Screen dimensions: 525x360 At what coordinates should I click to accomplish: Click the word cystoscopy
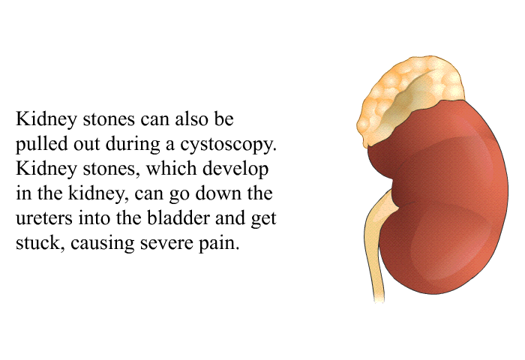pos(228,145)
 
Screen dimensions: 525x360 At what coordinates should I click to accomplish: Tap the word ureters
pos(43,218)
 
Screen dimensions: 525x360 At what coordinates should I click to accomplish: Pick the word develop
pos(235,169)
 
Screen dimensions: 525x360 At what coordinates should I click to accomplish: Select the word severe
pos(166,244)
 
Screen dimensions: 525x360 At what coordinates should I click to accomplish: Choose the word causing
pos(103,244)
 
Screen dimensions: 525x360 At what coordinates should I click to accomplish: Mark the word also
pos(191,119)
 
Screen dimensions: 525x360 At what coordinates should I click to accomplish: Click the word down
pos(217,193)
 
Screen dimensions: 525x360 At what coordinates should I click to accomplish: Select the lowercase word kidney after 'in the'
pos(98,193)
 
